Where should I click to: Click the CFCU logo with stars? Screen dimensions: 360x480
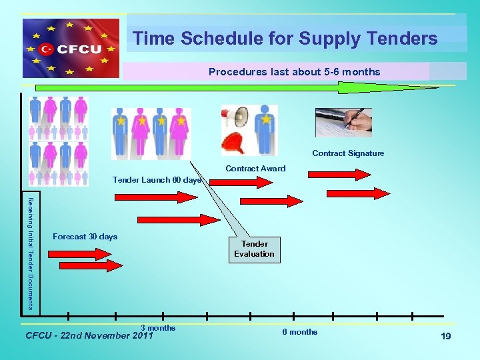(71, 49)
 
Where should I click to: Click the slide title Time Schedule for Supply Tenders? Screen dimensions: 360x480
(285, 39)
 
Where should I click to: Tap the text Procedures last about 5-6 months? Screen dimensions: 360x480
(294, 71)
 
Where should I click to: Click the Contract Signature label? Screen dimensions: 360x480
(348, 153)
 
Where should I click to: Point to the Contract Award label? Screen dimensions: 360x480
(255, 169)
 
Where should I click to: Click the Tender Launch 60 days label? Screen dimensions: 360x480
(157, 180)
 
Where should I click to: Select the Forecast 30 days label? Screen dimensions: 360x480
(85, 237)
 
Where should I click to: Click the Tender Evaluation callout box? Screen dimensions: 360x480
(254, 249)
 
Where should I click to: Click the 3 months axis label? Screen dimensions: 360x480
(158, 327)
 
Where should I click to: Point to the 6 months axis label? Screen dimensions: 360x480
(299, 332)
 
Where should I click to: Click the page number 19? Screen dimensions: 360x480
(446, 337)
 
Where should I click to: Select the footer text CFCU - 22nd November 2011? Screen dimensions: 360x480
(89, 335)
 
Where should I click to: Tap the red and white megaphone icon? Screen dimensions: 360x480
(237, 117)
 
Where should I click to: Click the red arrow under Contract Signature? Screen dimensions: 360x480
(339, 175)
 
